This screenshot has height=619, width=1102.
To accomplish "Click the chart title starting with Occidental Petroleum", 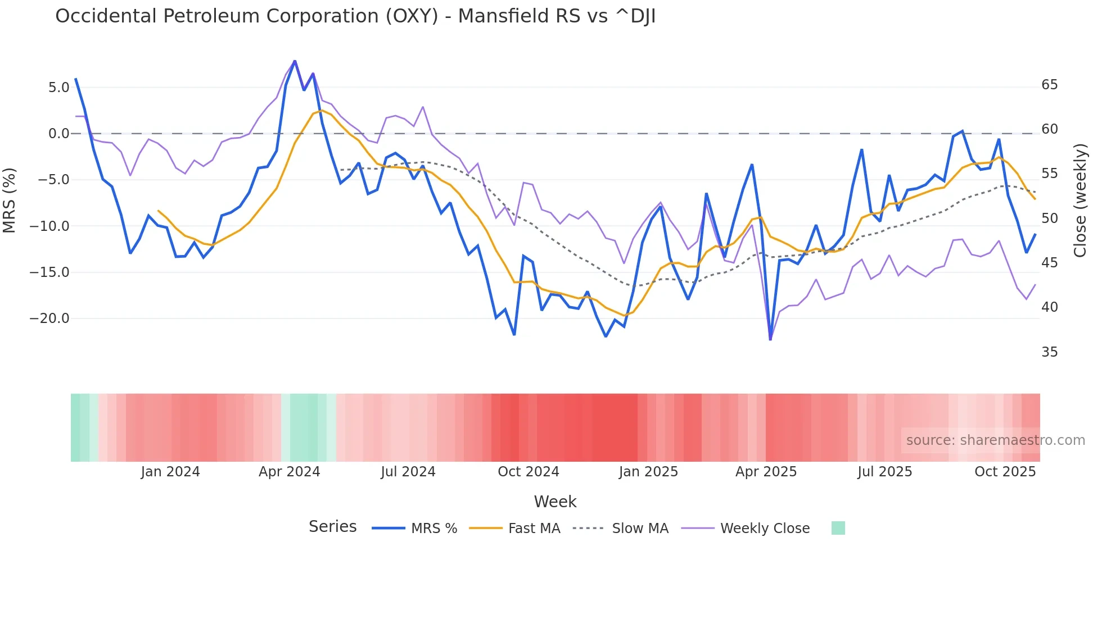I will coord(355,16).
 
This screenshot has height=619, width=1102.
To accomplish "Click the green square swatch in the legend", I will coord(838,528).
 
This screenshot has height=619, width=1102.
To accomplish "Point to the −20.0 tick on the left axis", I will coord(49,318).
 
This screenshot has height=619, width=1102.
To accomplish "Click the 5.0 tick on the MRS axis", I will coord(58,88).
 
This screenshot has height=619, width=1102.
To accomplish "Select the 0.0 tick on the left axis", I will coord(58,134).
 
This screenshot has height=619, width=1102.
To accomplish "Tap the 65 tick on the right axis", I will coord(1049,85).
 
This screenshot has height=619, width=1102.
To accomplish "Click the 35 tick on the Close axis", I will coord(1049,352).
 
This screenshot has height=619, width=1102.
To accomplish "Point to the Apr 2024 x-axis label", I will coord(289,472).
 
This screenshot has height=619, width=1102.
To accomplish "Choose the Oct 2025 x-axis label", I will coord(1005,472).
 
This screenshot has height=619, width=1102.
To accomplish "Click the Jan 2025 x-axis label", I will coord(648,472).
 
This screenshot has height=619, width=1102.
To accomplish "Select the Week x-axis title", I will coord(555,502).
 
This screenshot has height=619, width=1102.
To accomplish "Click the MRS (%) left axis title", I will coord(10,200).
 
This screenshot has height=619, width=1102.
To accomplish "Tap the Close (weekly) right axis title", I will coord(1080,200).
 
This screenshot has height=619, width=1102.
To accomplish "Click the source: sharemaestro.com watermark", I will coord(995,440).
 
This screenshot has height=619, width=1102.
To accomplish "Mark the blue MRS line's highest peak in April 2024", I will coord(295,61).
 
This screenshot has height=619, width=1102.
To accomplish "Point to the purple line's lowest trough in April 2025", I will coord(770,339).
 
